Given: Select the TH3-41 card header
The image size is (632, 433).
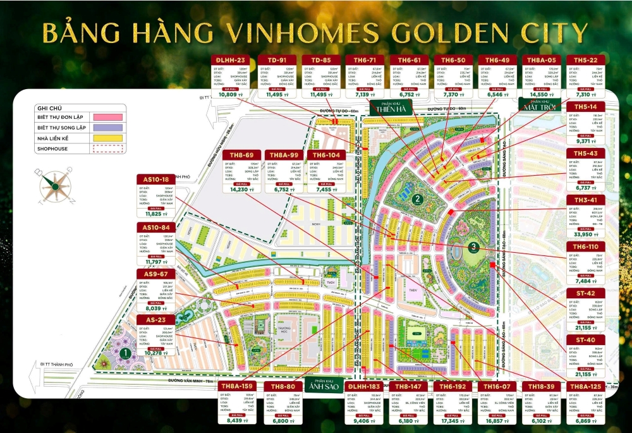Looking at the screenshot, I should [586, 199].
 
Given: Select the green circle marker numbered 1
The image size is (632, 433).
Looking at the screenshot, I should [126, 353].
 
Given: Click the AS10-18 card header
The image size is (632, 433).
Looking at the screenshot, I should [156, 180].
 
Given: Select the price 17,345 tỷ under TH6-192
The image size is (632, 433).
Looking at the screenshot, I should [451, 419].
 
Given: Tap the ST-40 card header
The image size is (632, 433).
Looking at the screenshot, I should [586, 340].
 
